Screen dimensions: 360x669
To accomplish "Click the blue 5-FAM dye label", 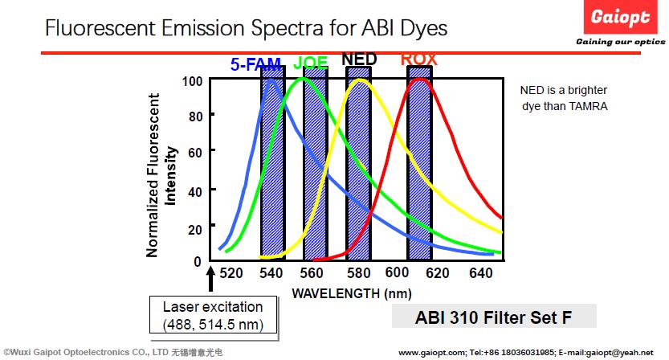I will (x=255, y=65).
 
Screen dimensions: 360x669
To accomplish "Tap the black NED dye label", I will (x=359, y=59).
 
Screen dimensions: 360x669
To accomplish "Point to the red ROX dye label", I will (x=419, y=59).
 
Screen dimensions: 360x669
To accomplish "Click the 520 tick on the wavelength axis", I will (x=231, y=274).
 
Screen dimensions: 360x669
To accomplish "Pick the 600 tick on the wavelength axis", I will (x=398, y=274).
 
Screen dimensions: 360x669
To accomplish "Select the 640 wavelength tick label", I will (x=480, y=274).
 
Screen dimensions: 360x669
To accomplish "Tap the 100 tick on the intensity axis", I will (x=191, y=81).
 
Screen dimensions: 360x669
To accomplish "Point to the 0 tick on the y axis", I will (x=198, y=261).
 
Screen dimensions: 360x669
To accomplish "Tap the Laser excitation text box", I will (x=213, y=316).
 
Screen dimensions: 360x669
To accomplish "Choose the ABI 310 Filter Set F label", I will (x=494, y=317).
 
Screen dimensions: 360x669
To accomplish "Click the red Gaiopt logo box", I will (x=621, y=17).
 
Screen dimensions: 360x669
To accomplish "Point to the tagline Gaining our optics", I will (x=619, y=42).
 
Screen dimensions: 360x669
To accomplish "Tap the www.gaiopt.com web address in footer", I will (x=430, y=352).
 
